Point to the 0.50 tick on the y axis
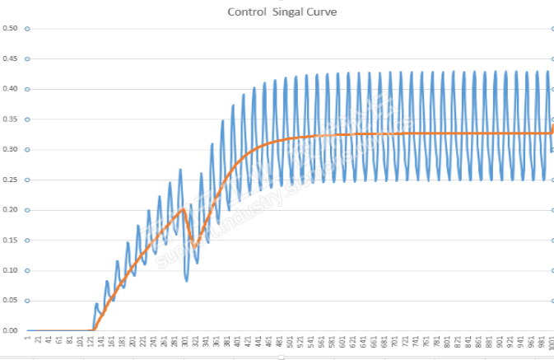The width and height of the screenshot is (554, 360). pos(11,28)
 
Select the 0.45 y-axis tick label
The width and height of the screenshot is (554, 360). pos(11,58)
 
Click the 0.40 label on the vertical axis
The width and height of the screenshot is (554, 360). pos(11,89)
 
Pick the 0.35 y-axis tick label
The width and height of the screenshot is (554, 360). pos(11,119)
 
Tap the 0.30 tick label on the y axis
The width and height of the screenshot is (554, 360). pos(11,149)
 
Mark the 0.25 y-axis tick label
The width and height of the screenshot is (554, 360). pos(11,180)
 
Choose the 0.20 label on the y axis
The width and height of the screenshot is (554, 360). pos(11,210)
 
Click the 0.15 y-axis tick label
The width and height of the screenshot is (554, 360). pos(11,240)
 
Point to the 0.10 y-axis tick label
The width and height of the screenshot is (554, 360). pos(11,270)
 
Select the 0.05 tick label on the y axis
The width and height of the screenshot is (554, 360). pos(11,301)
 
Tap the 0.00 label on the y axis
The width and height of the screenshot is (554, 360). pos(11,330)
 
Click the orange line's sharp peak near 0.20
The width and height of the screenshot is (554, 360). pos(184,209)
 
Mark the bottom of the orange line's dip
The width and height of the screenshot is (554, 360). pos(194,246)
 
